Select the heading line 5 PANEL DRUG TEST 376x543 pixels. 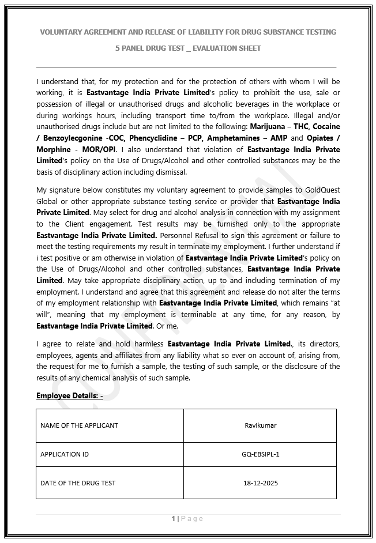188,48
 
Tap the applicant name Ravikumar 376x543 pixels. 260,425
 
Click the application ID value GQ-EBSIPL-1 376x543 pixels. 260,454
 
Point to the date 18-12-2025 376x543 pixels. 260,483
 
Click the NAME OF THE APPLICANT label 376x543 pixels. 79,425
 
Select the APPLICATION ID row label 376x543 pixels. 65,454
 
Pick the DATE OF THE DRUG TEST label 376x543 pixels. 78,483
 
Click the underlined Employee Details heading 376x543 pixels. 69,395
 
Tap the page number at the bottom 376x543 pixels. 173,519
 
